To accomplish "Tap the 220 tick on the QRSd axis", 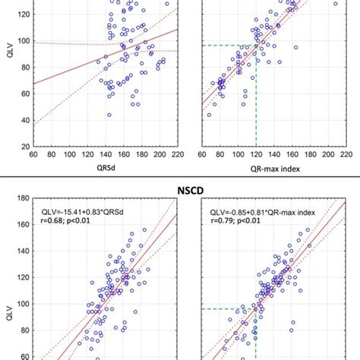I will coord(176,154).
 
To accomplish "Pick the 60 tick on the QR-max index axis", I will coord(201,154).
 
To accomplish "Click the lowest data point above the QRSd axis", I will coord(109,115).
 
